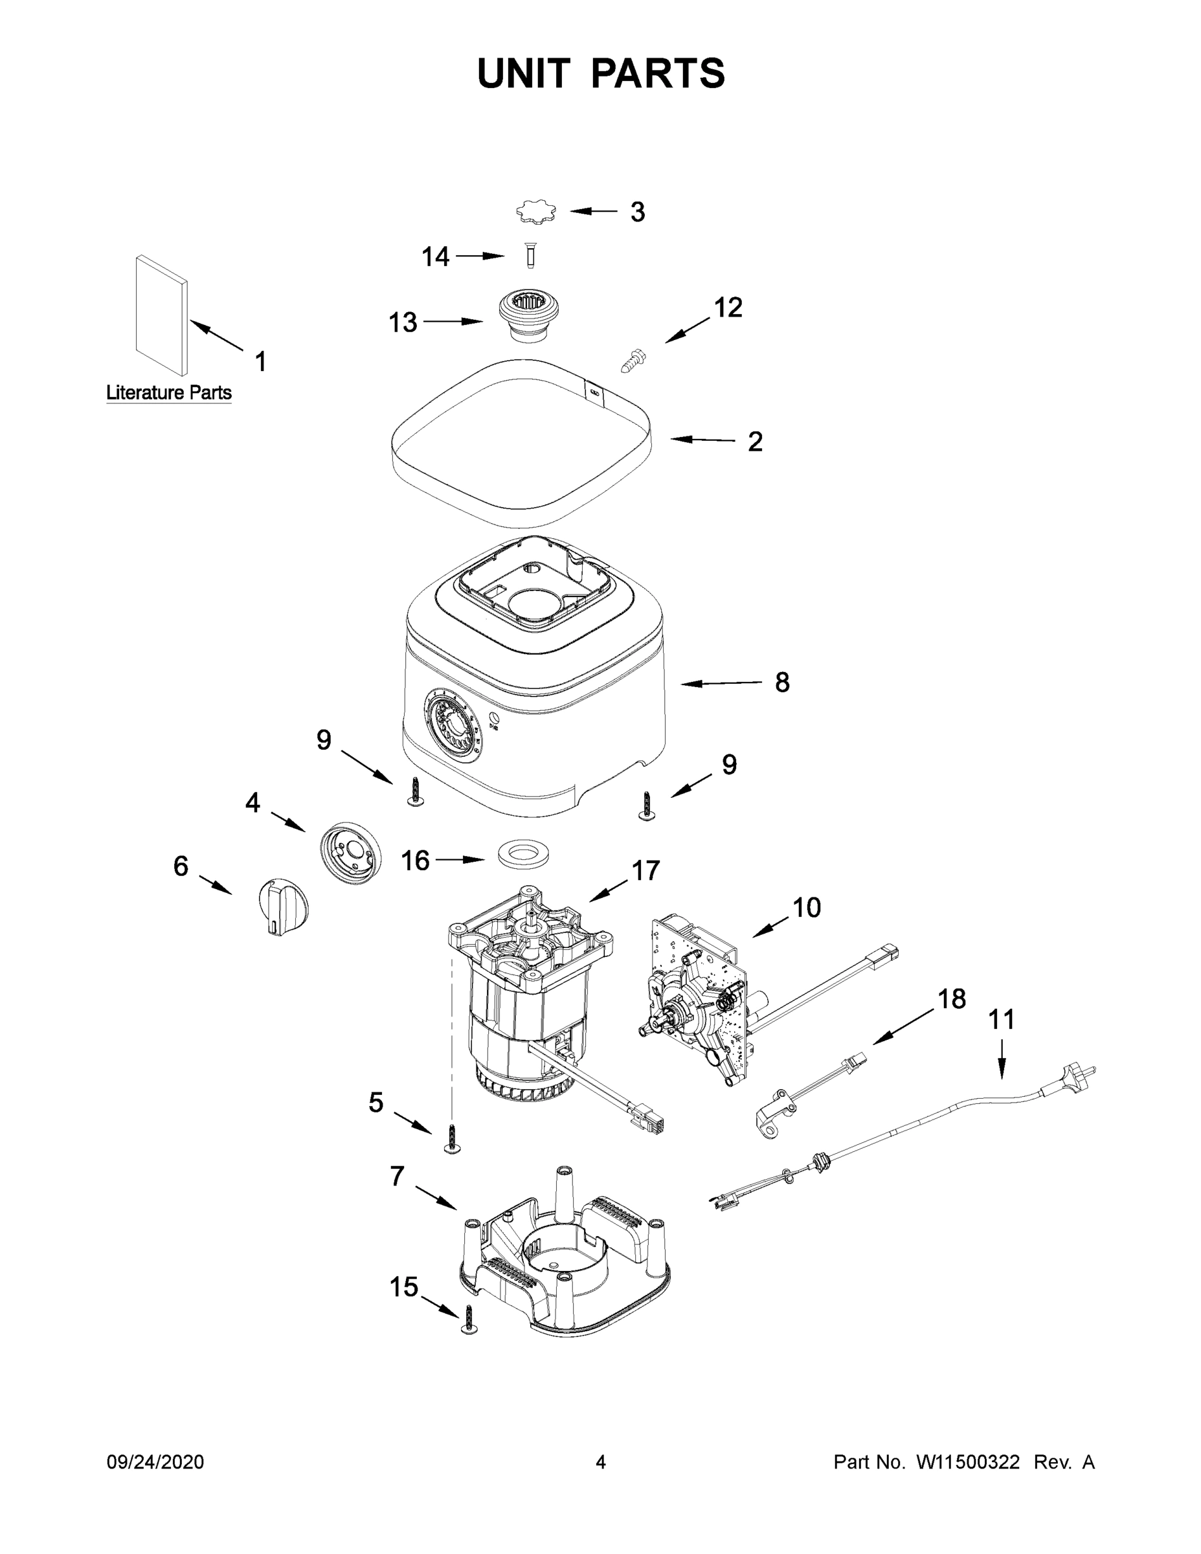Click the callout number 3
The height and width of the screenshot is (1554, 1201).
[638, 212]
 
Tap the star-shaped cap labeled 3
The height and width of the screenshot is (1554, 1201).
[535, 212]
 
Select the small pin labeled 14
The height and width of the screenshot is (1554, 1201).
[530, 256]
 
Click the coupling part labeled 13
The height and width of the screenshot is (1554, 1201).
[527, 316]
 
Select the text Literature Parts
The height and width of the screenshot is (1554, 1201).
[168, 393]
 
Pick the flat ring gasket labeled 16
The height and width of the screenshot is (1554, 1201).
[526, 854]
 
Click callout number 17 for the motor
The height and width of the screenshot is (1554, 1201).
[645, 871]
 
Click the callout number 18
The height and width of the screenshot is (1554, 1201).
[951, 999]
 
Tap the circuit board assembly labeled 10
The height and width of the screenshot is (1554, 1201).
[697, 996]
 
